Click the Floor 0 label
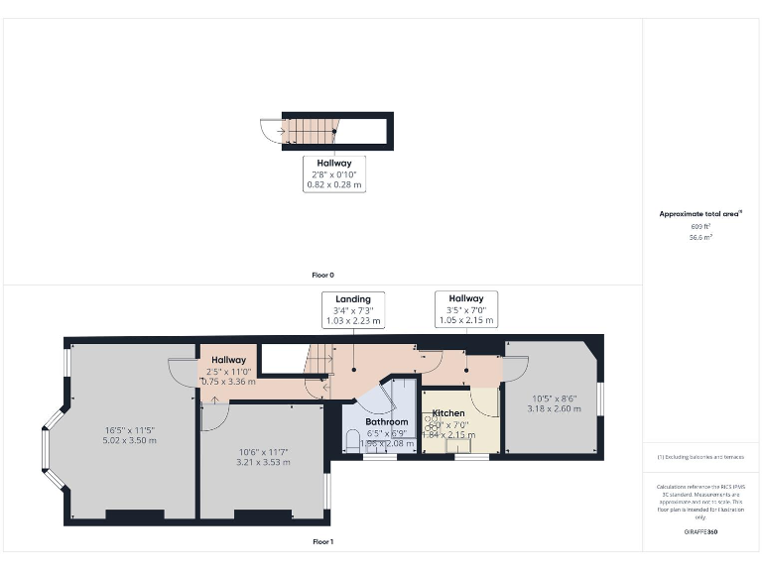(323, 275)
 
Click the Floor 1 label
(323, 542)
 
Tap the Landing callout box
(353, 310)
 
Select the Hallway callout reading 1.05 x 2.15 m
(465, 309)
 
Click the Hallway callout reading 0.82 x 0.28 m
(333, 173)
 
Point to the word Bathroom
(384, 422)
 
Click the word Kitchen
(448, 412)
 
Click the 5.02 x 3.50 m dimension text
(130, 440)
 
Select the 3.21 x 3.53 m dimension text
(263, 462)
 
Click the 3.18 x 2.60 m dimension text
(549, 408)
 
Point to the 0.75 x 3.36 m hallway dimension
(228, 382)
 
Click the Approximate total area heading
(700, 213)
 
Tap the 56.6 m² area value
(700, 238)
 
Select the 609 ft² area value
(700, 227)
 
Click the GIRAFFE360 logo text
(700, 532)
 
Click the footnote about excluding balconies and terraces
(700, 457)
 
